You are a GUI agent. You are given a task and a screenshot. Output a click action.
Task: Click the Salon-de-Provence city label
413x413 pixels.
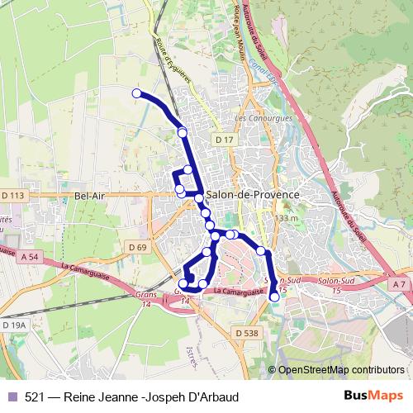tap(253, 194)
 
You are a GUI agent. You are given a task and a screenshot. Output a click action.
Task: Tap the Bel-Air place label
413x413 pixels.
tap(88, 196)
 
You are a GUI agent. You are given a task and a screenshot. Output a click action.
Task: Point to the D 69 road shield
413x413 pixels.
tap(137, 247)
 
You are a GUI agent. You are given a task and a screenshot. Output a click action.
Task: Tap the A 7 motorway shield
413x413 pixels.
tap(399, 284)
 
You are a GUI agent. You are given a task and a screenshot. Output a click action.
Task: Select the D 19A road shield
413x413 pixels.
tap(14, 326)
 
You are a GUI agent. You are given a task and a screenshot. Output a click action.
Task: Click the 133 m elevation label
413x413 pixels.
tap(286, 217)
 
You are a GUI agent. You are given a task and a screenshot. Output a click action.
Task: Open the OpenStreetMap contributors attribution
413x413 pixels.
tap(340, 371)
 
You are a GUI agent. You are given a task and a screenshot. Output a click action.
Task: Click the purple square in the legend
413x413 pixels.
tap(12, 396)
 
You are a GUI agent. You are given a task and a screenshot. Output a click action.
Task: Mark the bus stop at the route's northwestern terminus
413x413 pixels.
tap(136, 93)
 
